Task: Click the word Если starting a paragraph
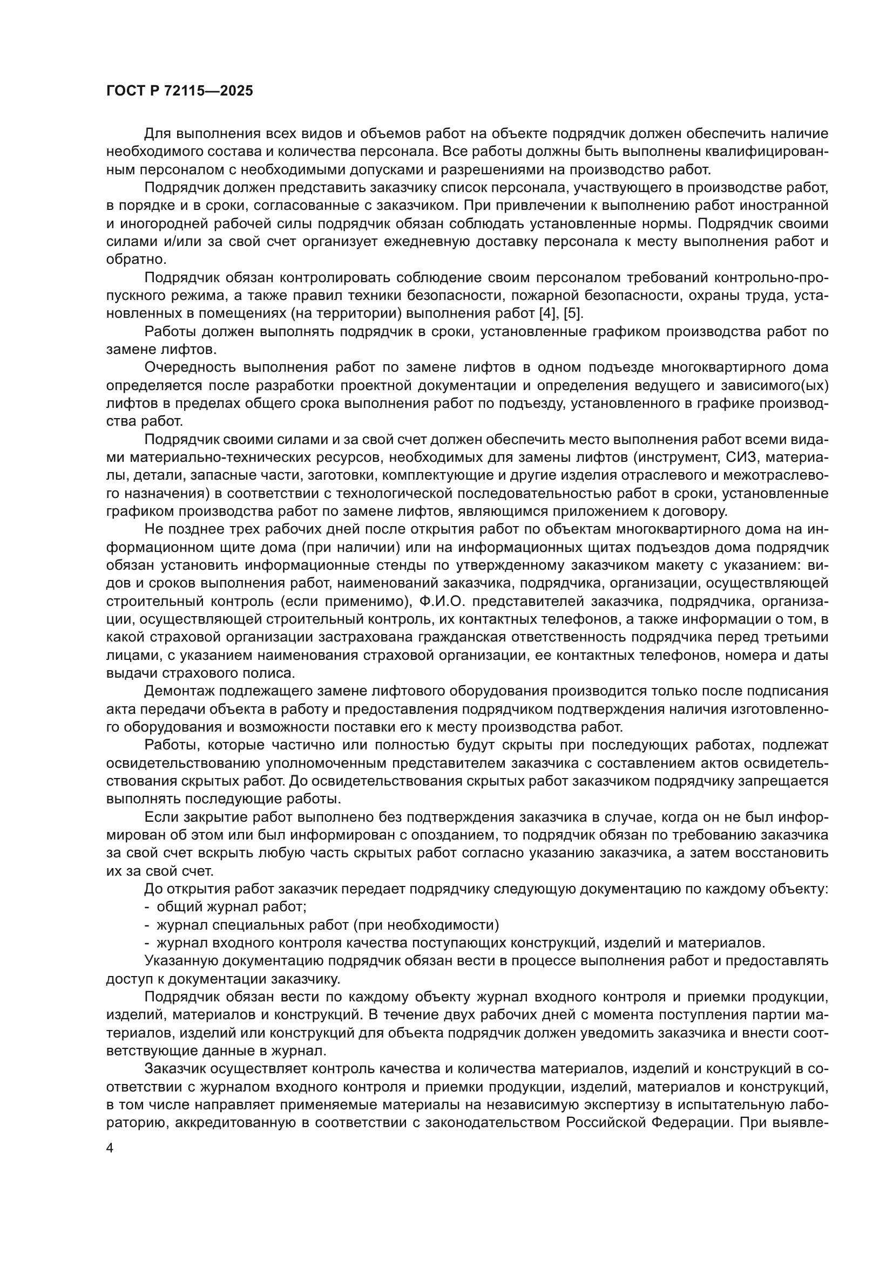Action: point(160,817)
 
